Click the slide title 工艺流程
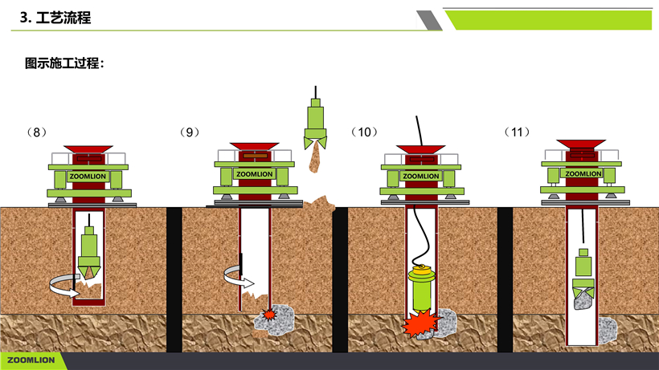point(63,18)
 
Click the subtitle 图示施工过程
point(62,63)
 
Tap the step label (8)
point(36,132)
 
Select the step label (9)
point(190,132)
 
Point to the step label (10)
point(364,132)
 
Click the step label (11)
point(517,132)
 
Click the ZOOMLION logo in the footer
point(31,360)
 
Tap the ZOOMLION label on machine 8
point(88,177)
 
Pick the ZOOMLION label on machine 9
point(254,174)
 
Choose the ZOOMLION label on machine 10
point(420,177)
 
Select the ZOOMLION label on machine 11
point(583,173)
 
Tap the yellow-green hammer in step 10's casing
point(421,290)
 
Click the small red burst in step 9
point(269,314)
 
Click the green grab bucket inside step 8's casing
point(89,253)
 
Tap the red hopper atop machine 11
point(581,144)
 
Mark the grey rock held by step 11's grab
point(583,300)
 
